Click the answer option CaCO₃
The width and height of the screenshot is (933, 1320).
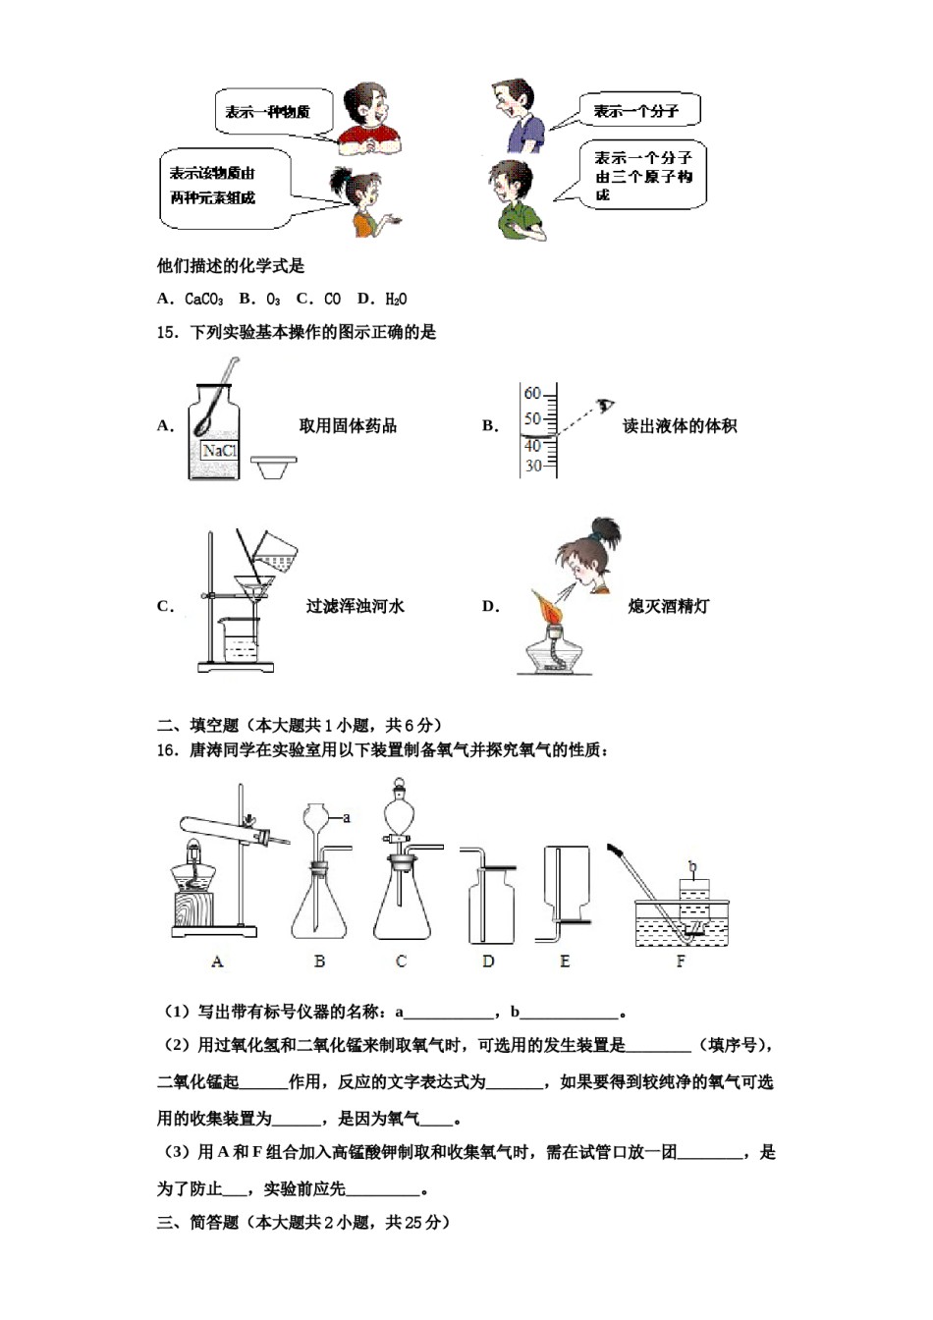pos(203,300)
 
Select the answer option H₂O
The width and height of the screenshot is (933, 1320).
pos(396,300)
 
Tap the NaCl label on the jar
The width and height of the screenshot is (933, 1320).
pos(219,451)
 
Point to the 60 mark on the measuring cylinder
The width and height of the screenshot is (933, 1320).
pos(531,394)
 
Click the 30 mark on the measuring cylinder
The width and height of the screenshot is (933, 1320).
pos(532,466)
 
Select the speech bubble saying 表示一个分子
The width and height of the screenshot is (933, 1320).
pos(637,112)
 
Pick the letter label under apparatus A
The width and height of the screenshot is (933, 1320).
pos(217,962)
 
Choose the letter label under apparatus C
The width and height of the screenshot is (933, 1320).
pos(401,962)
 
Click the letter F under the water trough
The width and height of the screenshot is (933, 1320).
pos(681,962)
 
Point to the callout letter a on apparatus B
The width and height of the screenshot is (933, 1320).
pos(346,817)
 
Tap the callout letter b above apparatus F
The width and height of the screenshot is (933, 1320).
pos(693,865)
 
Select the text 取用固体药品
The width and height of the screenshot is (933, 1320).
pos(348,426)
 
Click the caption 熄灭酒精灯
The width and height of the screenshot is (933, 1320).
pos(668,607)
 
